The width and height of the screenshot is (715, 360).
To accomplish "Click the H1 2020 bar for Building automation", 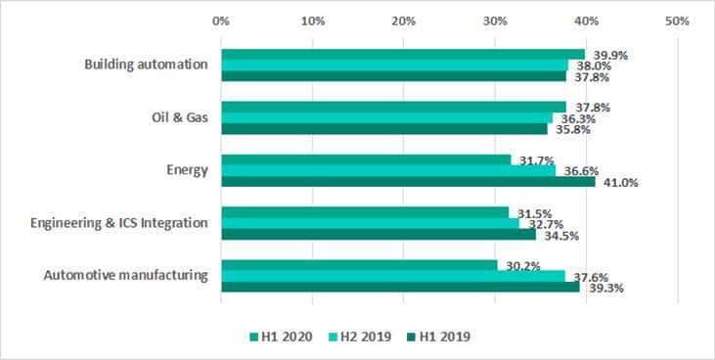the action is pyautogui.click(x=403, y=55).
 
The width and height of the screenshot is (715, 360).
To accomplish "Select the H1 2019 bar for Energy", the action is pyautogui.click(x=409, y=182).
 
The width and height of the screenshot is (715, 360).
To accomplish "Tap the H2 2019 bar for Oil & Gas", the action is pyautogui.click(x=387, y=118).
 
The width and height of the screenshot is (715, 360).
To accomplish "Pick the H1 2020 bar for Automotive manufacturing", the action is pyautogui.click(x=359, y=265).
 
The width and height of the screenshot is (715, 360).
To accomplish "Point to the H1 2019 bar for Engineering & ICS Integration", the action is pyautogui.click(x=379, y=234).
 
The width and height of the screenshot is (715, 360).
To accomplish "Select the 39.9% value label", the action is pyautogui.click(x=610, y=56).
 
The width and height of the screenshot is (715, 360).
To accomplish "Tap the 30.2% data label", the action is pyautogui.click(x=523, y=266).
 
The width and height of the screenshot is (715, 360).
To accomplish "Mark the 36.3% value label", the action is pyautogui.click(x=578, y=119).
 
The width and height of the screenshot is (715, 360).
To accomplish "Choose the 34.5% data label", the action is pyautogui.click(x=561, y=236).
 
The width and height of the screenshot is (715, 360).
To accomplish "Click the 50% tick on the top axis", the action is pyautogui.click(x=677, y=21).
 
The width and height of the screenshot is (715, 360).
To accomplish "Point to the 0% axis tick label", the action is pyautogui.click(x=221, y=21).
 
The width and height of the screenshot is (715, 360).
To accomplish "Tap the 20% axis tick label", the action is pyautogui.click(x=404, y=21).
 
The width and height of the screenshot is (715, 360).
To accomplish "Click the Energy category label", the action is pyautogui.click(x=187, y=170).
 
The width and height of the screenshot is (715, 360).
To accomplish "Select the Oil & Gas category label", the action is pyautogui.click(x=180, y=117).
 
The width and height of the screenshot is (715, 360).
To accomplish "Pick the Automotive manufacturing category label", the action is pyautogui.click(x=126, y=276).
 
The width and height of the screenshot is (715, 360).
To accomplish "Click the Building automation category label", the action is pyautogui.click(x=146, y=65).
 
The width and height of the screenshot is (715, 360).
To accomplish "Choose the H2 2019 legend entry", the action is pyautogui.click(x=360, y=337).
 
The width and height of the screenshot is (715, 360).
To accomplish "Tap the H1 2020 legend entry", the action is pyautogui.click(x=282, y=337).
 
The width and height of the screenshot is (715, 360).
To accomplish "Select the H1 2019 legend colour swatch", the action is pyautogui.click(x=411, y=337).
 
